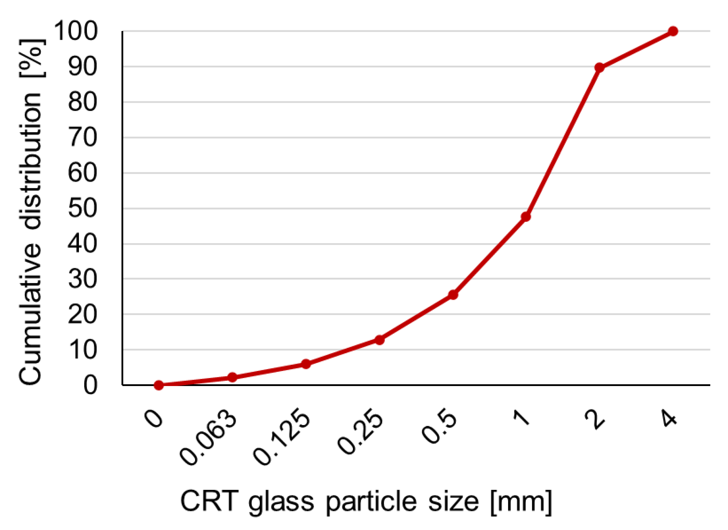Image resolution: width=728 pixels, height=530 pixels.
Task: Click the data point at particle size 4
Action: pos(672,31)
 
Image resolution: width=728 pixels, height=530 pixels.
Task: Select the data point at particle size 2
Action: pos(599,67)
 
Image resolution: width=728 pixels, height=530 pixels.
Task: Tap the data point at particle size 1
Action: pos(526,217)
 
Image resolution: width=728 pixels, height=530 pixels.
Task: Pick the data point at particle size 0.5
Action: pos(453,295)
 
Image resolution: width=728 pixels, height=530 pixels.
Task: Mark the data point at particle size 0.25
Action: pos(379,340)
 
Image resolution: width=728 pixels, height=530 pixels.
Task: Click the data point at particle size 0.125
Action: pos(306,364)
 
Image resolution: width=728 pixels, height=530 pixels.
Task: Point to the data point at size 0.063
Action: pos(232,377)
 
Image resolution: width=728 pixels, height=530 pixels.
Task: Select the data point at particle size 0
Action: pos(159,385)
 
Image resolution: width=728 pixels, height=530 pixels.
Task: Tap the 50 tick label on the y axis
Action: pos(83,208)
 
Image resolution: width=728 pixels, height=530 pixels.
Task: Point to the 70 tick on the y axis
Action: pos(83,137)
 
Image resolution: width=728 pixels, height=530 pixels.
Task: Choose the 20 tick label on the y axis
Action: pos(83,314)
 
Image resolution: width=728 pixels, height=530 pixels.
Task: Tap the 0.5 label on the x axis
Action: pos(439,426)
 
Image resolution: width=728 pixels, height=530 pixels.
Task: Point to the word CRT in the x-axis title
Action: pos(209,501)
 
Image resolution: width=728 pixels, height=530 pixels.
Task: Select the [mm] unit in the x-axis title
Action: pos(521,502)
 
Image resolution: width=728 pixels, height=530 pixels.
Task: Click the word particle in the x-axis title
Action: pos(372,502)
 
